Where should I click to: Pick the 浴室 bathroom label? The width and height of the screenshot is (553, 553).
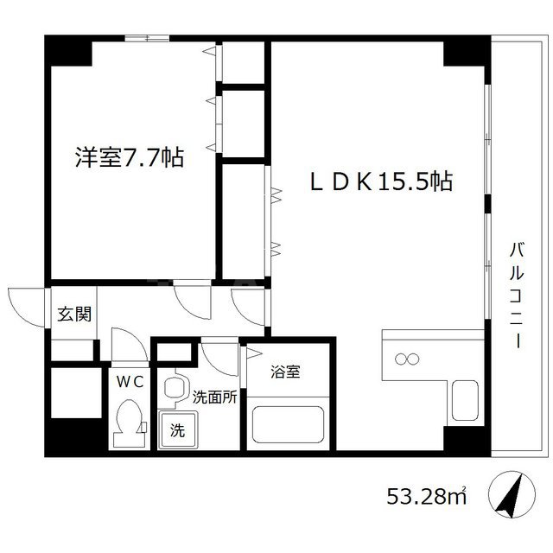coord(285,372)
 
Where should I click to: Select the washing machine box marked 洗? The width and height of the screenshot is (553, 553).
coord(177,429)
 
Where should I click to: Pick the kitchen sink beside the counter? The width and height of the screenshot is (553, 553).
coord(465,400)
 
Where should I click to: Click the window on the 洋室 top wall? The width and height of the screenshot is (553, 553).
coord(147,37)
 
